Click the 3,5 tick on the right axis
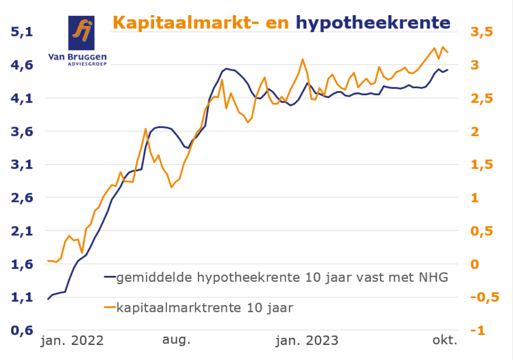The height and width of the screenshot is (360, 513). point(482,32)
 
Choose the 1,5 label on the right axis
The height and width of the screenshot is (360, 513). point(482,165)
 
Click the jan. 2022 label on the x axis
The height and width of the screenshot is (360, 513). point(72,341)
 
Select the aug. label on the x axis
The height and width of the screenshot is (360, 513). point(176,341)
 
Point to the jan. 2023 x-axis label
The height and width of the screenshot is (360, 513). point(308,341)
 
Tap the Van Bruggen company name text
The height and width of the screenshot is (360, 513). point(77,57)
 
